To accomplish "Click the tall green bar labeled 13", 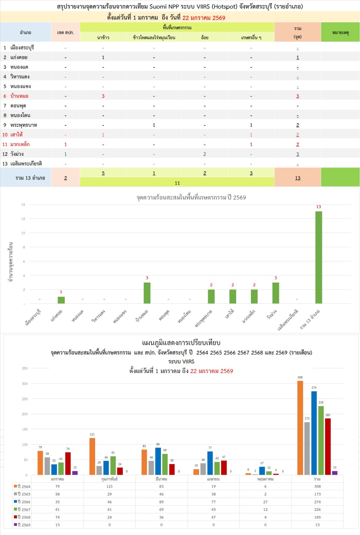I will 319,257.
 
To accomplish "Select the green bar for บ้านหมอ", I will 147,293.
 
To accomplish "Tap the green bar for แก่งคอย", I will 61,300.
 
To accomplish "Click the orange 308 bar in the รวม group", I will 300,428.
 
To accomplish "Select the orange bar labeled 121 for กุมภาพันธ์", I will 92,456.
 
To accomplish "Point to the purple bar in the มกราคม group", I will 75,473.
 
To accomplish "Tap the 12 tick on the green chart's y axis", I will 23,219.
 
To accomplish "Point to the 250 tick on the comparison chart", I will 24,399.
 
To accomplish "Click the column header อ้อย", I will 204,37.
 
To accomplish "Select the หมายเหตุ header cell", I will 340,32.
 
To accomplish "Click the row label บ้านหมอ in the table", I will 19,96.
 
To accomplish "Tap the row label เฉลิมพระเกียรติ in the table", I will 26,164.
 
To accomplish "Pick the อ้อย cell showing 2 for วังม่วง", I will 204,154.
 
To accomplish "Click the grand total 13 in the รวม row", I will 297,178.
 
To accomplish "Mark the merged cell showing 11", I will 177,183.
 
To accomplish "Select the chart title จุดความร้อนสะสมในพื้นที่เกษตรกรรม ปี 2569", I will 191,197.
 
